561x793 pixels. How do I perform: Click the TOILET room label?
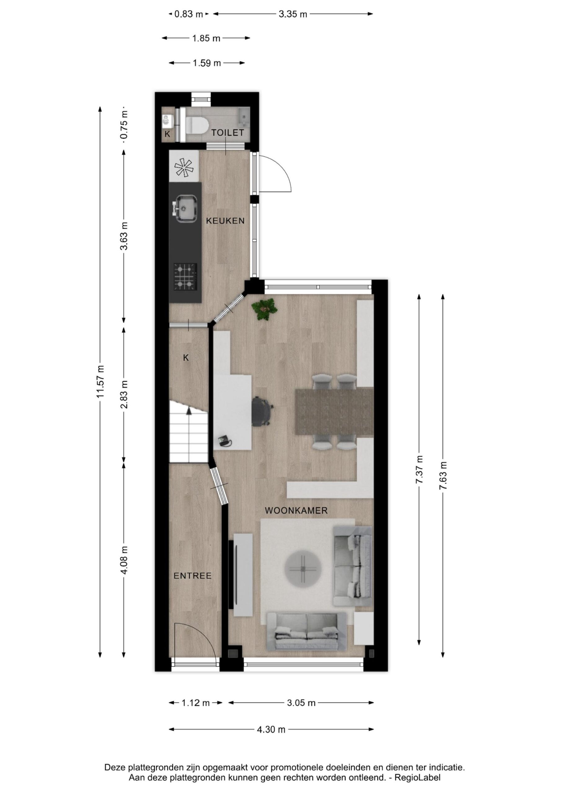[228, 133]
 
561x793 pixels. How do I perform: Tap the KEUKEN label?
[225, 221]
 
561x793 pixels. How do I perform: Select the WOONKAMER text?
[296, 510]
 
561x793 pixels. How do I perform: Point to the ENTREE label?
[192, 576]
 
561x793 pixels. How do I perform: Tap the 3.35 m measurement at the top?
[293, 14]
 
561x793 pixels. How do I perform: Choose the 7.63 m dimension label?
[443, 475]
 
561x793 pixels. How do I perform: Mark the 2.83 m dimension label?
[124, 394]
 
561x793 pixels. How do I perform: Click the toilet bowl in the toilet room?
[196, 125]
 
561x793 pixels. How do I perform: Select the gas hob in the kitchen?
[185, 276]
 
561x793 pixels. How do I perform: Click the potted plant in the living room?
[265, 309]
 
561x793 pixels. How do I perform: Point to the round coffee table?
[303, 569]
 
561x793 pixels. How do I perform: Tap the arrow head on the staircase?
[189, 411]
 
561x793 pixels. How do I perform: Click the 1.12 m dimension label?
[196, 703]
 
